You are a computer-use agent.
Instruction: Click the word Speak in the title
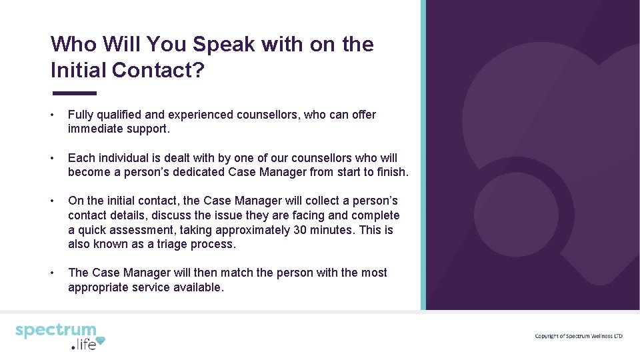225,45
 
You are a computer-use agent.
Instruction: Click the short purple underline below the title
73,93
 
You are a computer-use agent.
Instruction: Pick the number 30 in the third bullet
301,230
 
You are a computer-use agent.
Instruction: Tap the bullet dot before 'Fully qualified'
53,115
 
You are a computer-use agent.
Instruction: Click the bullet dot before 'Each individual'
53,158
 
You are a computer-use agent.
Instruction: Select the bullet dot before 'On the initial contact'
53,201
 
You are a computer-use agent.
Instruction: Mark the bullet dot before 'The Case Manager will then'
53,273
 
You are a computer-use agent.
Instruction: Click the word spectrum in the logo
56,331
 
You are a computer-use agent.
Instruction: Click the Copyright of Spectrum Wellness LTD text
578,336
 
